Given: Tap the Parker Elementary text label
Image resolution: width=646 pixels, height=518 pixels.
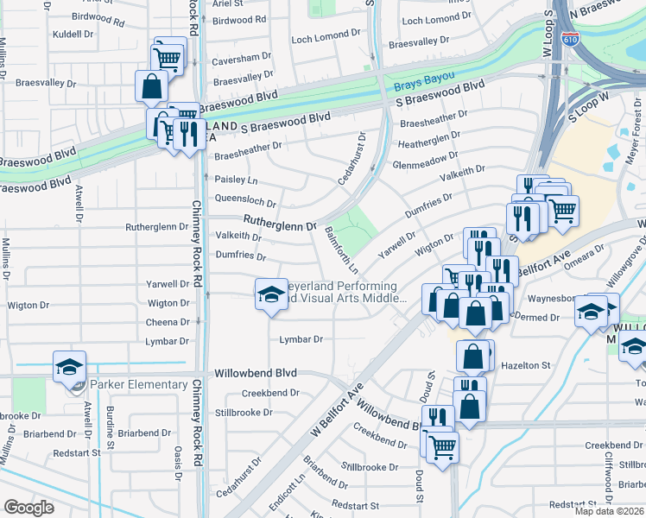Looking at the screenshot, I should [x=136, y=384].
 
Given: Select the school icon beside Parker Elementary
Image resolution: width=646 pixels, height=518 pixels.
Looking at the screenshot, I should [x=69, y=367].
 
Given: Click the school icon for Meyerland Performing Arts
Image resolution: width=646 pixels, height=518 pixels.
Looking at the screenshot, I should [x=270, y=295].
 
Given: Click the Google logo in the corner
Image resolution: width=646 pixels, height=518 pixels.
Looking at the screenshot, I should [x=28, y=508].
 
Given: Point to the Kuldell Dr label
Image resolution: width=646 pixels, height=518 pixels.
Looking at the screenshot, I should [x=73, y=35].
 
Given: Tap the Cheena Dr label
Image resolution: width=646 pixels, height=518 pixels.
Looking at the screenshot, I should [x=168, y=321].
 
